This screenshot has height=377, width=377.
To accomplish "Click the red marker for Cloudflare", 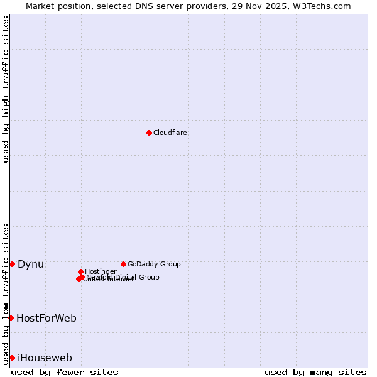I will pos(149,133).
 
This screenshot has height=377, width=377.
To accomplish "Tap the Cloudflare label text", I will pos(170,133).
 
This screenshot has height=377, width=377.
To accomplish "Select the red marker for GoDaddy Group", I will pos(123,264).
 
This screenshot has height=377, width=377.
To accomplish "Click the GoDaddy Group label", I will pos(154,264).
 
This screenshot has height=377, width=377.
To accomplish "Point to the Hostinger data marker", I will pos(80,271).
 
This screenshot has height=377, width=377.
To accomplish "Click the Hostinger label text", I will pos(101,271).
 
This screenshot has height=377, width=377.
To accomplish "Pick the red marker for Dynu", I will pos(12,264).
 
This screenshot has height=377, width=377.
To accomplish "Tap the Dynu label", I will pos(31,264).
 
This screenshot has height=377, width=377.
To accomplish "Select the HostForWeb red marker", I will pos(11,318).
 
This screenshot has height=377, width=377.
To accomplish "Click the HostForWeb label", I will pos(46,318).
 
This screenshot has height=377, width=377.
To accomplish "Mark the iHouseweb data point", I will pos(12,358).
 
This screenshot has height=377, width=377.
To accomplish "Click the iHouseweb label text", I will pos(45,358).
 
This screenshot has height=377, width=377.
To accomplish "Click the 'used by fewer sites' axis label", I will pos(65,372).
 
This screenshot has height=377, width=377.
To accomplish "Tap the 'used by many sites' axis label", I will pos(315,372).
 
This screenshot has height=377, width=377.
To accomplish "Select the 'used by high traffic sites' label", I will pos(6,89).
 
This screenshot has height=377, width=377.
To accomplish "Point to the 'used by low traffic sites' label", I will pos(6,294).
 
